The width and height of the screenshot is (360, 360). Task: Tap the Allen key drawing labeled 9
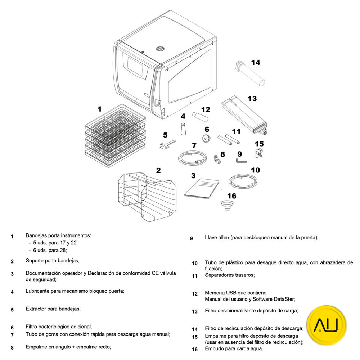240,161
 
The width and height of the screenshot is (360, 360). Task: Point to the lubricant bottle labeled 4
183,128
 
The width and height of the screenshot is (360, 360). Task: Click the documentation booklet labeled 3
202,188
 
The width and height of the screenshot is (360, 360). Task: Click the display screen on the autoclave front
135,67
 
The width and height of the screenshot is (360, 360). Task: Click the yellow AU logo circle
326,325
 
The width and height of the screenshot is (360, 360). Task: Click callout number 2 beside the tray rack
158,170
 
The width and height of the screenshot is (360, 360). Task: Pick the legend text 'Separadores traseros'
229,275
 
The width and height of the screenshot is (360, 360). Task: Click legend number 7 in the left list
12,336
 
